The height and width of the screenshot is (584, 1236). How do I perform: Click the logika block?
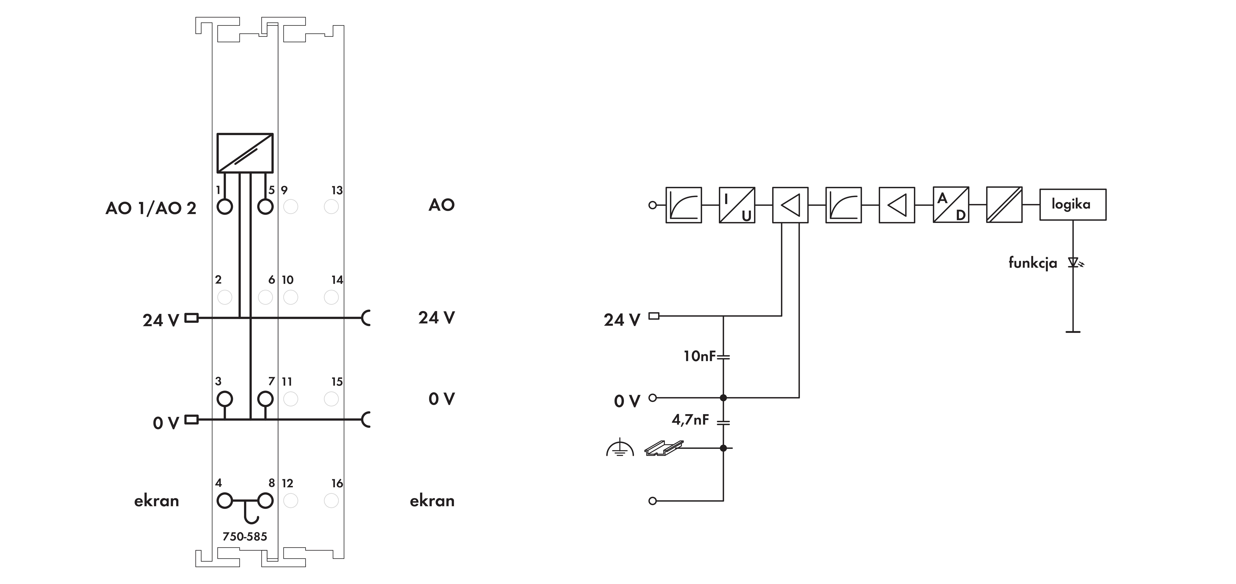tap(1073, 204)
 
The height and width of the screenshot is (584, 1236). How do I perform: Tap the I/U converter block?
tap(737, 205)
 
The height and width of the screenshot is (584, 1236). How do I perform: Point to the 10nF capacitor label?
tap(700, 356)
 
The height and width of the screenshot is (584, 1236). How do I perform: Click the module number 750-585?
tap(245, 536)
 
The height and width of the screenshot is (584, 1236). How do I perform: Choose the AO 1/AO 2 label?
tap(151, 208)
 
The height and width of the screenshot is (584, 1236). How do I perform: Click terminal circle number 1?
tap(225, 207)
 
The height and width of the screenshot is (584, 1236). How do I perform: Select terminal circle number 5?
tap(265, 207)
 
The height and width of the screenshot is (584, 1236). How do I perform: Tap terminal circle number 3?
tap(225, 399)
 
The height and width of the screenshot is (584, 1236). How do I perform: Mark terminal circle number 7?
tap(265, 399)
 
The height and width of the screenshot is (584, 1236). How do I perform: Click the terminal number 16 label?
tap(337, 483)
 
